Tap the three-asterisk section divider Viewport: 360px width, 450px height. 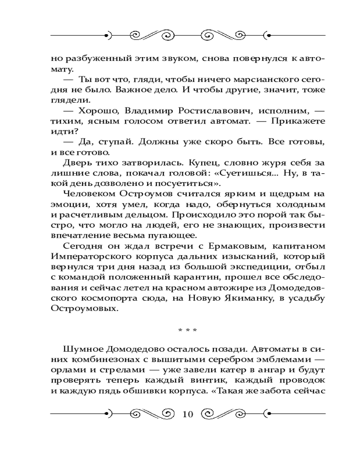coord(187,330)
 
